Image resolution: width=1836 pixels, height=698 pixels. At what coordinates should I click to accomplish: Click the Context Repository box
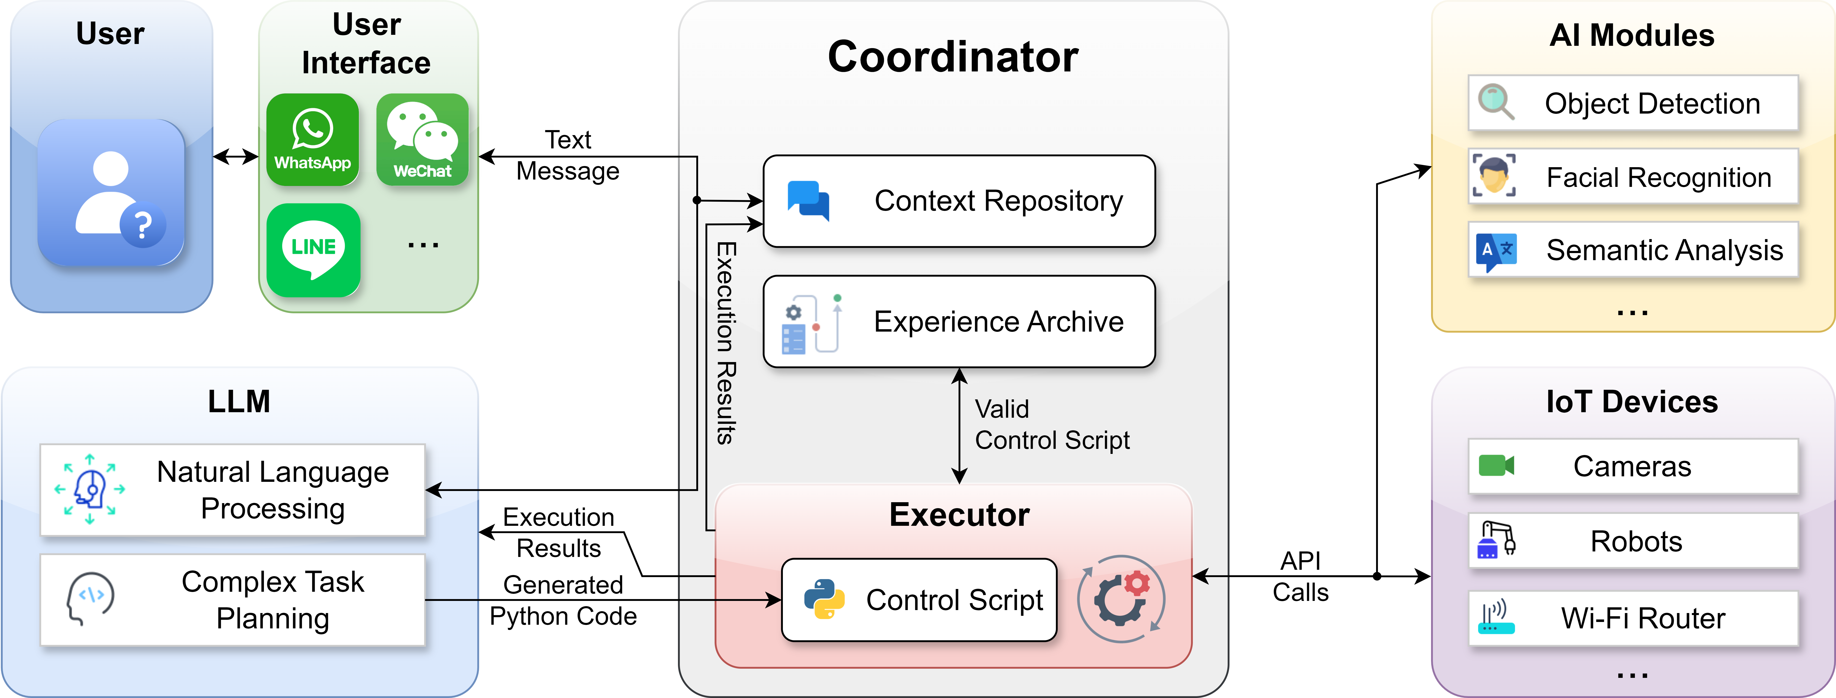959,201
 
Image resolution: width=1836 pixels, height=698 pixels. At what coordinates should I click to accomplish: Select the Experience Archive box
959,322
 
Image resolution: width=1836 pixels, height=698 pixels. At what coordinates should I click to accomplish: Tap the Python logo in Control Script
824,599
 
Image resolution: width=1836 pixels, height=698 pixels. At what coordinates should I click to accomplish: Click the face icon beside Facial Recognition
1494,175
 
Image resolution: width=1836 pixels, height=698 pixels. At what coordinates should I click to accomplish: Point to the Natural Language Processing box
232,490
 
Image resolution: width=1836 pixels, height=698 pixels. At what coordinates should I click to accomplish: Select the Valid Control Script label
1051,425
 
